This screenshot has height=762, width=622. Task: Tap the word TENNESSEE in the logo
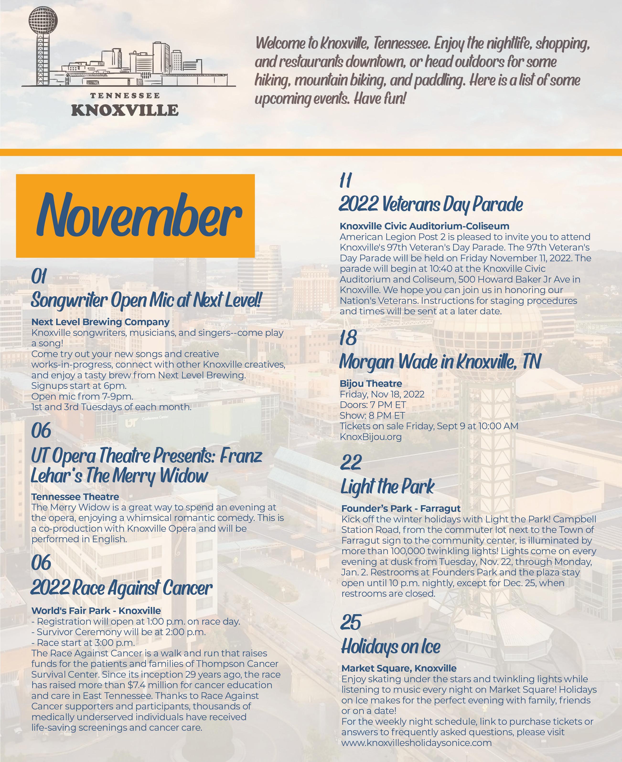click(125, 96)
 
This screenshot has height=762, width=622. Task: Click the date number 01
click(39, 277)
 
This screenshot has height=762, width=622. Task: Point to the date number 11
click(346, 180)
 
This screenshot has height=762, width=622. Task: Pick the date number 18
click(348, 338)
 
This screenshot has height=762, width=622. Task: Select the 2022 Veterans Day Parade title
click(431, 204)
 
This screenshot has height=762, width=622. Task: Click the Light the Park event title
click(387, 487)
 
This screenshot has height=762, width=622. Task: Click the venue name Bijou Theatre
click(371, 384)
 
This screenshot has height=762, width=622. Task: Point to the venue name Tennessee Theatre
click(75, 497)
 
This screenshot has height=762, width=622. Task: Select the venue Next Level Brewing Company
click(100, 322)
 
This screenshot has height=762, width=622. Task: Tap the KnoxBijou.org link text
click(370, 437)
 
